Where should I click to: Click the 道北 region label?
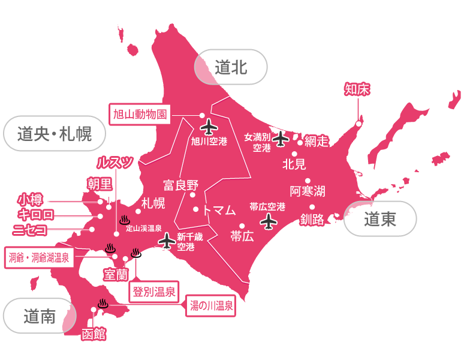231,66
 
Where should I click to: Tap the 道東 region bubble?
380,220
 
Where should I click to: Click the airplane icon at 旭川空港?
208,127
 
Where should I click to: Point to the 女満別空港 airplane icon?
281,139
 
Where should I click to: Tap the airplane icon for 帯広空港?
270,222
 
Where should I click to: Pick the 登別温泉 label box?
153,292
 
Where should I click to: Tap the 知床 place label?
357,89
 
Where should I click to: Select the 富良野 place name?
180,185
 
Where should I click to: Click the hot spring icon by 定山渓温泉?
125,219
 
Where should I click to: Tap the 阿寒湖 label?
308,191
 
